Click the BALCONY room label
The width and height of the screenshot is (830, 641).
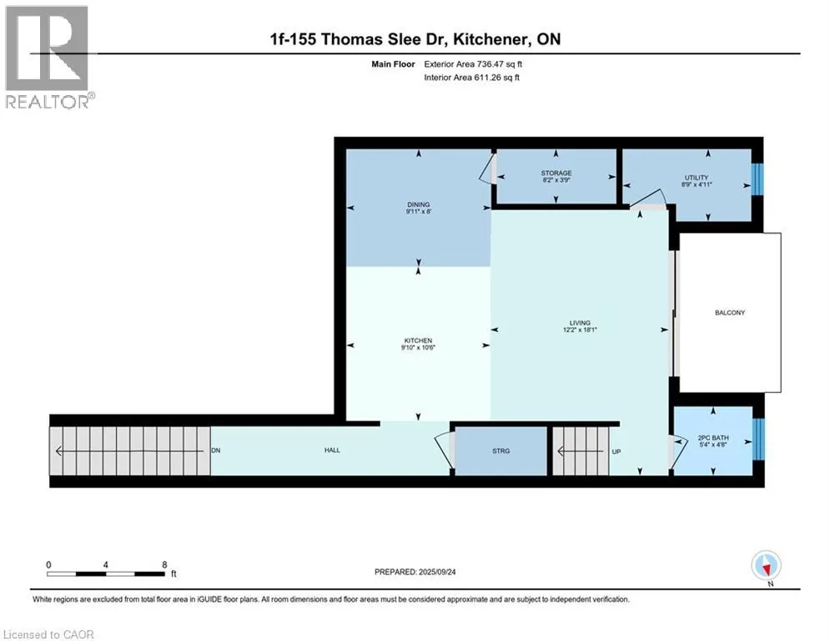tap(729, 312)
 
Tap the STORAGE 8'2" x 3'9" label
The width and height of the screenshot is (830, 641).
tap(556, 176)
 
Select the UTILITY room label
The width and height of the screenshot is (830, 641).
tap(696, 181)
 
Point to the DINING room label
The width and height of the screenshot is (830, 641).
tap(418, 208)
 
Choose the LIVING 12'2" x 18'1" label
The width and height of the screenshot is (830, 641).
tap(580, 326)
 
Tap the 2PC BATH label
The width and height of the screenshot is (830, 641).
tap(713, 442)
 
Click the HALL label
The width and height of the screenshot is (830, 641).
tap(332, 450)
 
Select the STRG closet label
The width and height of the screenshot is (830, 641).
tap(501, 451)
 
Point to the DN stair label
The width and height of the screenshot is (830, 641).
tap(215, 451)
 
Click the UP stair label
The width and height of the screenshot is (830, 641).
tap(616, 452)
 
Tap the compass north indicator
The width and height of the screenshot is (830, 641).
tap(766, 566)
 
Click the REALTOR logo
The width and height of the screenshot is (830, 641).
tap(48, 58)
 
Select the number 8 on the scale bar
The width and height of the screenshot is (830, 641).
tap(164, 565)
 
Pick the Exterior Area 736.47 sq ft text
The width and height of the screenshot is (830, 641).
tap(473, 64)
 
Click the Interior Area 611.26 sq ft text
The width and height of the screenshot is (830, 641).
tap(471, 78)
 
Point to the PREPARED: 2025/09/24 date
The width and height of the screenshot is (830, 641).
tap(415, 572)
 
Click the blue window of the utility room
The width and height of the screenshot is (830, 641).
tap(757, 179)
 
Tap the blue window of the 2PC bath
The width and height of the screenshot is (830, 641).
tap(758, 439)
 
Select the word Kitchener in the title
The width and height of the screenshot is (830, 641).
tap(490, 39)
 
